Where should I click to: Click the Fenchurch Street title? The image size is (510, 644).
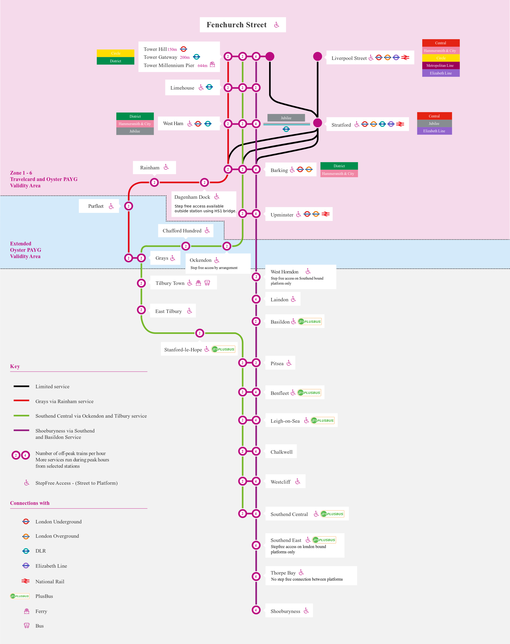236,25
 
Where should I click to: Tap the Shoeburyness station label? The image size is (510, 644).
285,611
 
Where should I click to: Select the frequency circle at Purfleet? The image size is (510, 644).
128,206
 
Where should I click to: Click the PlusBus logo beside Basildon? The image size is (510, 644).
310,321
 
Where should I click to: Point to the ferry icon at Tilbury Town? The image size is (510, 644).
198,283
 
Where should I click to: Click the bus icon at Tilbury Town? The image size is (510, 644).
207,283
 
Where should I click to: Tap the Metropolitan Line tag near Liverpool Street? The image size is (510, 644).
441,65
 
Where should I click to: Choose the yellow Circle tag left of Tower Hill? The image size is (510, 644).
116,53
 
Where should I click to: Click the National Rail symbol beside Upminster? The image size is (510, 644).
326,214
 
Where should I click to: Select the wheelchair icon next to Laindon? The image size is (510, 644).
293,299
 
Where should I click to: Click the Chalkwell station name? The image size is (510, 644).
281,452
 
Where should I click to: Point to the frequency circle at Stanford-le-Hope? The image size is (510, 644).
199,333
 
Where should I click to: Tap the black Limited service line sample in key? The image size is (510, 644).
21,386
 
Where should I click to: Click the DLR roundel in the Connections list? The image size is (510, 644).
26,551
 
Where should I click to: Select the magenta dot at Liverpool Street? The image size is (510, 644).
317,56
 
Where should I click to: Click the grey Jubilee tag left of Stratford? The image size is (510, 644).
286,118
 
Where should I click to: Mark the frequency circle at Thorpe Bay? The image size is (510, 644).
256,576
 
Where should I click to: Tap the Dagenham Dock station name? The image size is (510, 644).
192,197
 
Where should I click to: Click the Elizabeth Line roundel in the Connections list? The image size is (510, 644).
26,566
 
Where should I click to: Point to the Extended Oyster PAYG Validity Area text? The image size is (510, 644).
25,250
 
